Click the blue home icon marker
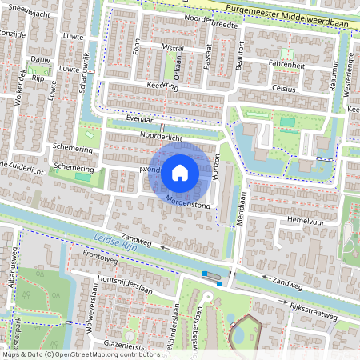(x=180, y=171)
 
